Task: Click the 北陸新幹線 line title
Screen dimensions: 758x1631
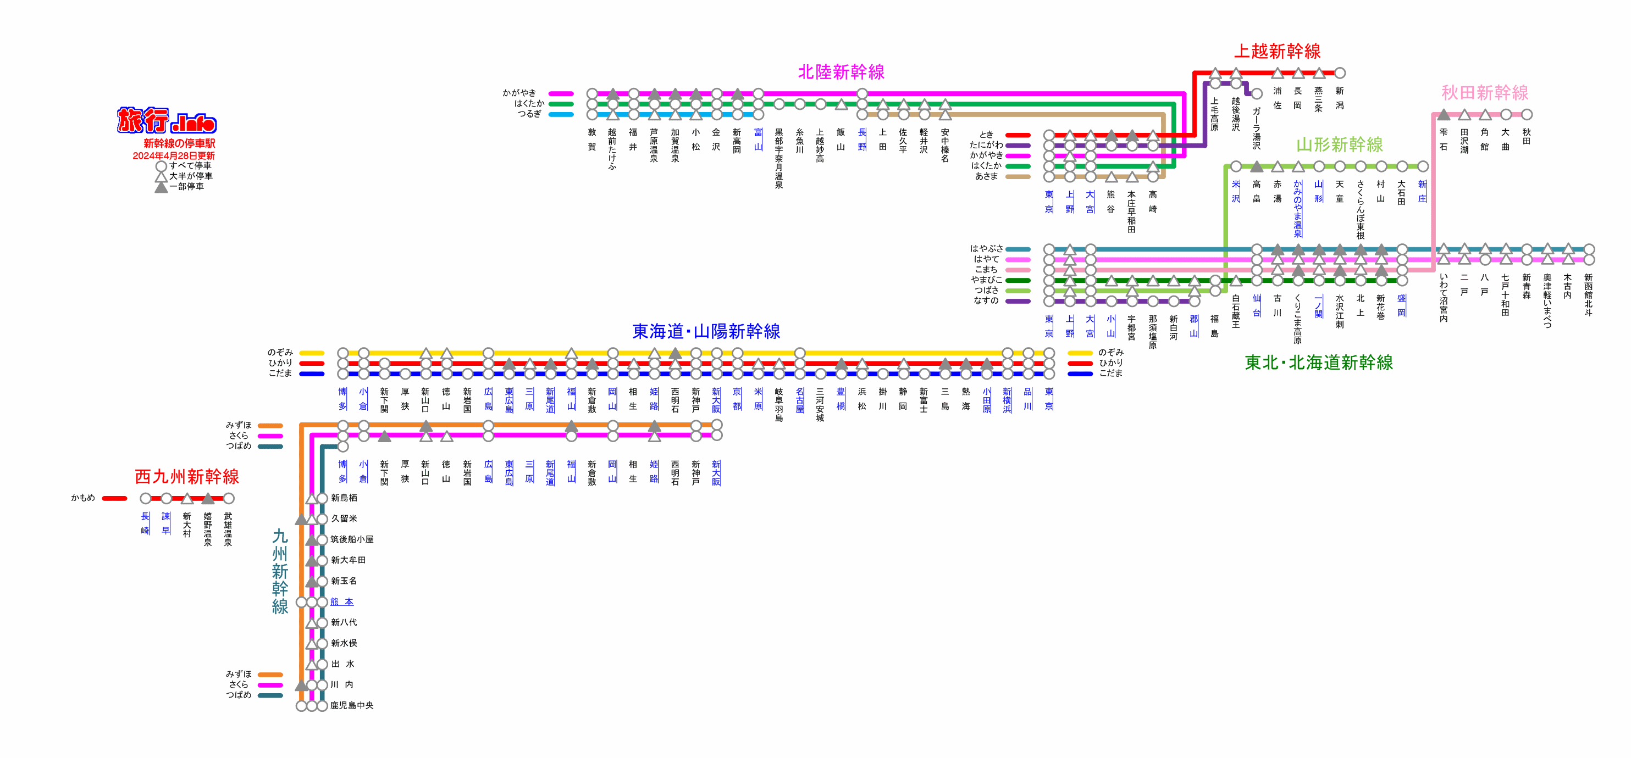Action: pos(841,72)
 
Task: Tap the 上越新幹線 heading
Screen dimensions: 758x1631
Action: pos(1277,51)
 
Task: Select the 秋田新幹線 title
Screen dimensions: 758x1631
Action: pos(1484,93)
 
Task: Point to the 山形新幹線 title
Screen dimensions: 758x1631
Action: pos(1339,145)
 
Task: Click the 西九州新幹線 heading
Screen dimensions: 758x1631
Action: pos(187,476)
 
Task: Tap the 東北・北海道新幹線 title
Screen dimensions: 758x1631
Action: pos(1318,363)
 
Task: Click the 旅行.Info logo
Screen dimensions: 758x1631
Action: pos(167,120)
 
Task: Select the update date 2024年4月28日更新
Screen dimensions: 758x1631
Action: pos(174,155)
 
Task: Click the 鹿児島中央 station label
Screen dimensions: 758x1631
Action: pos(351,705)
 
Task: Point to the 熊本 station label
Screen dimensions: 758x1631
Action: pos(342,601)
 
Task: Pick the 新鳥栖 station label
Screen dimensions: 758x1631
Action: pos(344,498)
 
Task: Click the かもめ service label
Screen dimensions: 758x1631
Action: pos(83,498)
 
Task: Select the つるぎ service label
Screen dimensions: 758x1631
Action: pos(529,114)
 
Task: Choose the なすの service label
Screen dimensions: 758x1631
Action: pos(986,300)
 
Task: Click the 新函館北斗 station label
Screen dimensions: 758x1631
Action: pos(1588,295)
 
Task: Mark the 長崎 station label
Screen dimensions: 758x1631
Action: pos(145,523)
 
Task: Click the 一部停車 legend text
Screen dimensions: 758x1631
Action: pos(186,187)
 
